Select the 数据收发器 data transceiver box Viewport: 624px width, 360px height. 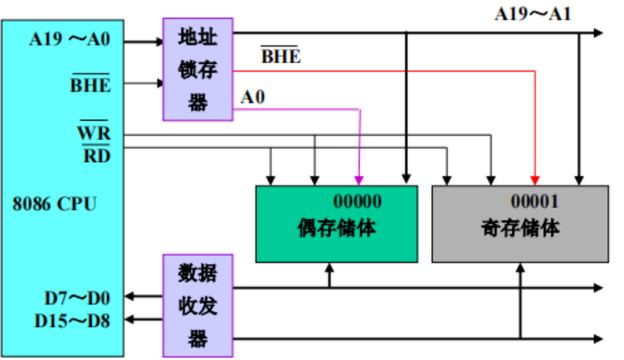(198, 305)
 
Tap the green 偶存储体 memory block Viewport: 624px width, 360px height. (336, 224)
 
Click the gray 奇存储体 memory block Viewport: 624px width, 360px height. (520, 224)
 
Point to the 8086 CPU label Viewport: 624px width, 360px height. (54, 203)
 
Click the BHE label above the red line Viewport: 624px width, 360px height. (281, 58)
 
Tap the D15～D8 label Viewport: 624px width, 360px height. (75, 320)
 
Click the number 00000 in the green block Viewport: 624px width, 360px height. (357, 202)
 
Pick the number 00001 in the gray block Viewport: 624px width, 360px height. (534, 202)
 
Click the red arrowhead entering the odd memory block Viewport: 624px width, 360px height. (534, 180)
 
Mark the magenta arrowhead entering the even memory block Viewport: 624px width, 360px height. (359, 180)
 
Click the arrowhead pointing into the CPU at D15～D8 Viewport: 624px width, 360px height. (131, 320)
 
